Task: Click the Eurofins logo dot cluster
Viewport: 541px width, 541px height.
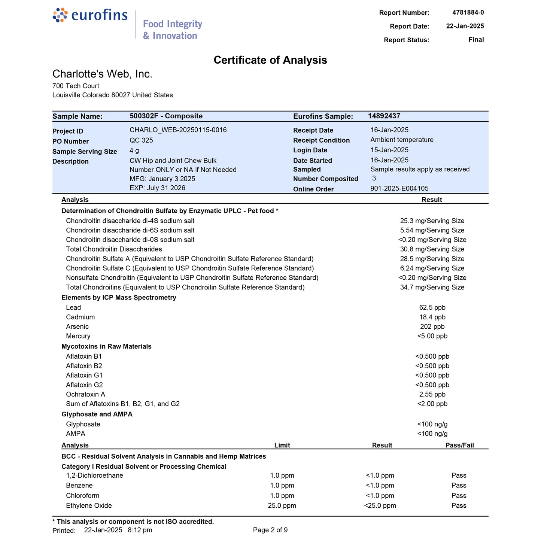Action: (60, 15)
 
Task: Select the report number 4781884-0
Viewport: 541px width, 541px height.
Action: (468, 12)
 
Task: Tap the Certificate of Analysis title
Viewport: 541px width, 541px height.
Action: (270, 60)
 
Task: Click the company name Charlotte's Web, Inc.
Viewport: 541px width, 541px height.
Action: (102, 74)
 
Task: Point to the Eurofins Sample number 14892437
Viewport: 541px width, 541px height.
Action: (384, 116)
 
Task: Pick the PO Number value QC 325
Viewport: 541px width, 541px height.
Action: (141, 140)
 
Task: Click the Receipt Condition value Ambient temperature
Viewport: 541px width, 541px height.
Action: (402, 140)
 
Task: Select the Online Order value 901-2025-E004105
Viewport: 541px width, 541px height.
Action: (399, 188)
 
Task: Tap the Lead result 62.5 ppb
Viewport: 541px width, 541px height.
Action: (432, 307)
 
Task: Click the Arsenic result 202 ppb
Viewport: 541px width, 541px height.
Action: (432, 326)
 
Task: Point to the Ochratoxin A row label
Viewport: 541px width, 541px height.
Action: (85, 394)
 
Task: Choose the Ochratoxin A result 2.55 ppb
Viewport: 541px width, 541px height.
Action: (432, 394)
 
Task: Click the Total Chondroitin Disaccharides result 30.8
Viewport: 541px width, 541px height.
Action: (432, 249)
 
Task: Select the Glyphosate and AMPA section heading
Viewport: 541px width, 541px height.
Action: (97, 414)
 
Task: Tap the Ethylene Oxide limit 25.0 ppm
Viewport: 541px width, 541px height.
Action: (282, 505)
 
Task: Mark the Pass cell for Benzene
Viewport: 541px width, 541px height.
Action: (459, 485)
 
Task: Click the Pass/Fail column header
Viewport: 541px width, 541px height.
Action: (459, 445)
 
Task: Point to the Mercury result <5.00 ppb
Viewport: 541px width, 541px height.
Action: (432, 336)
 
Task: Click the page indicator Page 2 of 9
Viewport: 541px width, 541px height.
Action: (270, 530)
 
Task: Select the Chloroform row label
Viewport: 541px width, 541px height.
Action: (82, 495)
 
